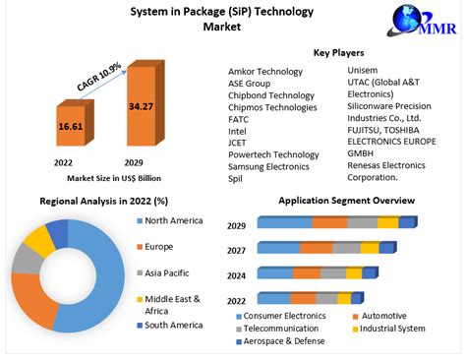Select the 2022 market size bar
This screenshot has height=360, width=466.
click(x=70, y=127)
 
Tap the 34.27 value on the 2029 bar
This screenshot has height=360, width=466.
click(x=141, y=105)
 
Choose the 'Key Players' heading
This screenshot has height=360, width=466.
click(x=338, y=52)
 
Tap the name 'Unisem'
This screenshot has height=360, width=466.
click(x=363, y=71)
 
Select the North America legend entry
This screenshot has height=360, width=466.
click(x=176, y=220)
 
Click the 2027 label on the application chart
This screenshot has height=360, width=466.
click(x=236, y=250)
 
